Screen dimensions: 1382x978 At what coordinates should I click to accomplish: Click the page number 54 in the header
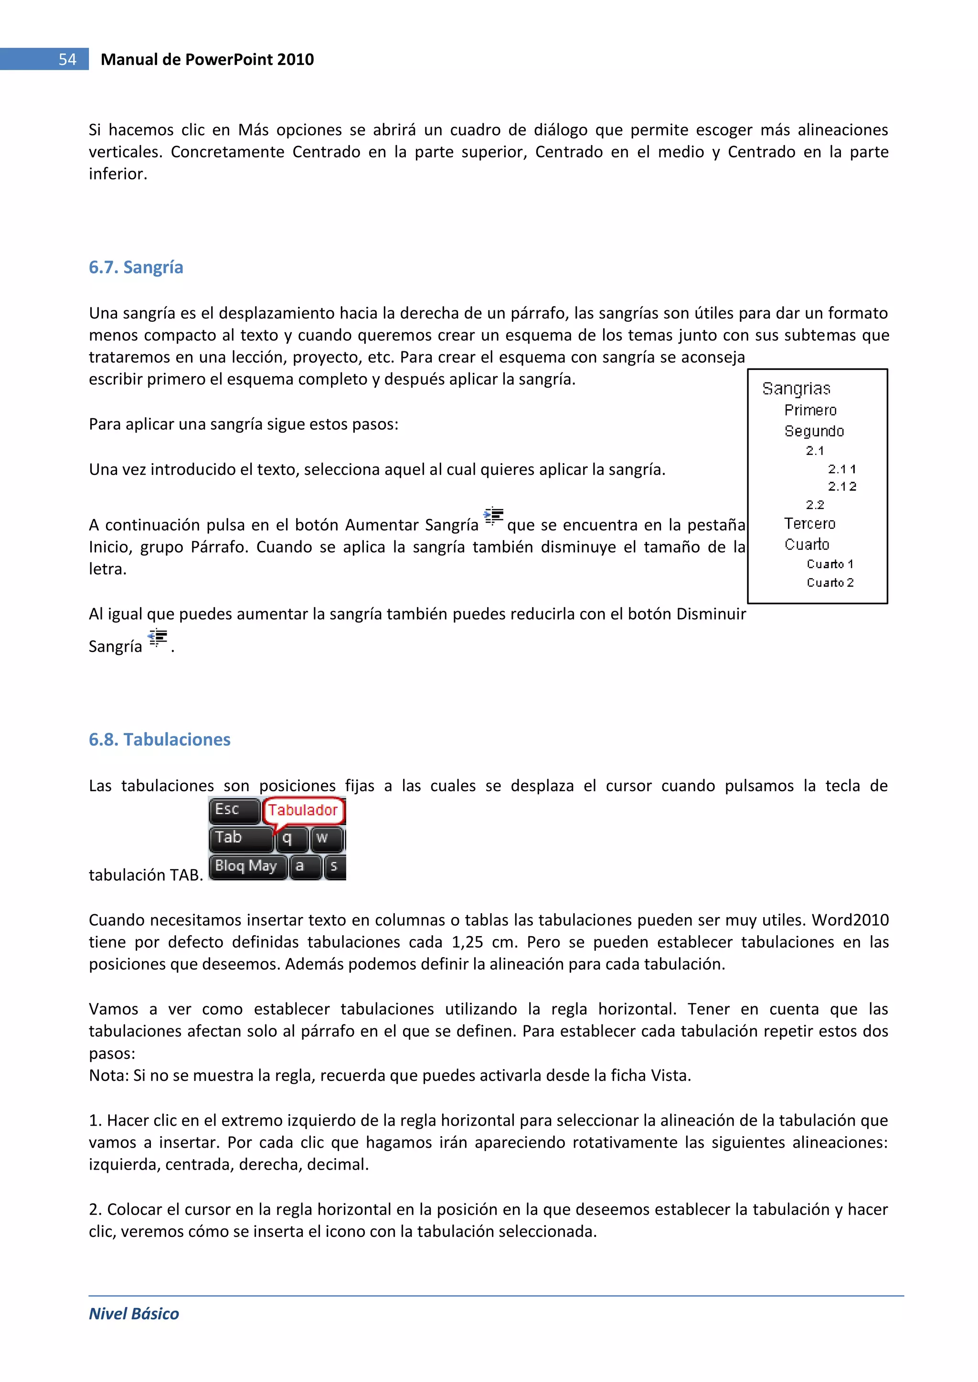[67, 59]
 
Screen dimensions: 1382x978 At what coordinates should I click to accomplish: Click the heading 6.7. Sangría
[136, 267]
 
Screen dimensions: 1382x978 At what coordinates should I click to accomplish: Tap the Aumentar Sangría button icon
[494, 516]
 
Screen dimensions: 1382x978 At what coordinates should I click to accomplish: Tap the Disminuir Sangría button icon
[157, 637]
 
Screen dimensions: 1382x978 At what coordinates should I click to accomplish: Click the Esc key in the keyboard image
[234, 810]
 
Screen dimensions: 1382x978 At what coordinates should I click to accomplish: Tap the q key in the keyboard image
[288, 838]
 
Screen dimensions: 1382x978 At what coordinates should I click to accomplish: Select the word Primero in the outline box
[810, 411]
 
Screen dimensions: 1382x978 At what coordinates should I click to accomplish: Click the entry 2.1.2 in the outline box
[841, 486]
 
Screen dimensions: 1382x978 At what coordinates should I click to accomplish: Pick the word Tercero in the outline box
[809, 524]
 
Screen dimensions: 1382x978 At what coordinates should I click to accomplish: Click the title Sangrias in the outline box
[796, 389]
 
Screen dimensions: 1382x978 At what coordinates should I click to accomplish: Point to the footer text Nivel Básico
[134, 1313]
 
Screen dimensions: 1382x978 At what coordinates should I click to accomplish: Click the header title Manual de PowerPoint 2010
[207, 59]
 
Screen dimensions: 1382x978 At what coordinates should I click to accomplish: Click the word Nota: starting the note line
[109, 1075]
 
